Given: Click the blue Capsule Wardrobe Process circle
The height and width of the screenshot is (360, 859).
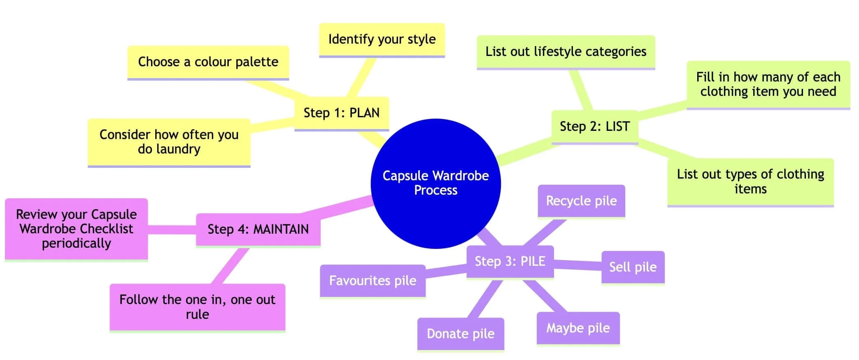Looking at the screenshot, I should pos(435,183).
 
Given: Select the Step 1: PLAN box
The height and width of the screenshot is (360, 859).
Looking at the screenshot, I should pos(342,113).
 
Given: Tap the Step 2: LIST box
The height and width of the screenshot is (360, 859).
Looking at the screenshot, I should pos(594,126).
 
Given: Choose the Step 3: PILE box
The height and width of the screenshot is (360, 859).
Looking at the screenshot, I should pos(510,261).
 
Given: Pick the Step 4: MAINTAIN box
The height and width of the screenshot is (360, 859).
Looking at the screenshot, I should pos(258,229).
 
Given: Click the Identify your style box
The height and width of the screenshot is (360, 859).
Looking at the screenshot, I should pos(382,39).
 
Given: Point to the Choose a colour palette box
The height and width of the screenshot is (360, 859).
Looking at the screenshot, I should pos(208,62).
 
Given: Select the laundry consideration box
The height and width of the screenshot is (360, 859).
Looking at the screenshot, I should pos(169,142).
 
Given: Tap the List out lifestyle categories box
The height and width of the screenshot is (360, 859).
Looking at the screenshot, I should pos(566,52).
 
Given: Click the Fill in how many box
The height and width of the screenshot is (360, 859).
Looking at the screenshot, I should pos(768,84).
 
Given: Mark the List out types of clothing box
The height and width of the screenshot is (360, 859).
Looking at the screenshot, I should pos(750,181).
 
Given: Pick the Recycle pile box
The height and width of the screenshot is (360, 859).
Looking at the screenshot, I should pos(581,201).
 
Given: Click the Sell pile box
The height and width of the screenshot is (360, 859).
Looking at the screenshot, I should pos(633,267).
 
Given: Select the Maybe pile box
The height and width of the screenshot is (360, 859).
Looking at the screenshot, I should pos(578,328).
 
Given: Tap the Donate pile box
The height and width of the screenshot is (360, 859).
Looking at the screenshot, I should pos(461,334).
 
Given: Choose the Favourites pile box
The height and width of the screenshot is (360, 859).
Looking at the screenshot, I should pos(372,281).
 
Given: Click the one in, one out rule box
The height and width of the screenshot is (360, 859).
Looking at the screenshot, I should pos(197,307).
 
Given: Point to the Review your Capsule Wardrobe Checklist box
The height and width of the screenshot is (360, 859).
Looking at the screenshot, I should pos(76,229).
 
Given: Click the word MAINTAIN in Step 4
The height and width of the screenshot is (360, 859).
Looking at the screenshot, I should pos(281,229).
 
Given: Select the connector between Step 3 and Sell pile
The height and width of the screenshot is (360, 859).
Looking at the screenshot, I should pos(577,265).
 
